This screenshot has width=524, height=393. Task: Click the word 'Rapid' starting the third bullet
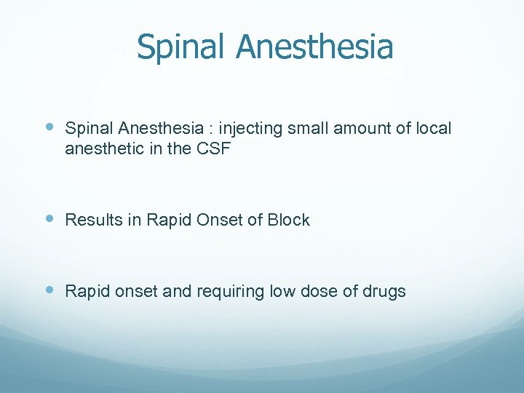pyautogui.click(x=86, y=292)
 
